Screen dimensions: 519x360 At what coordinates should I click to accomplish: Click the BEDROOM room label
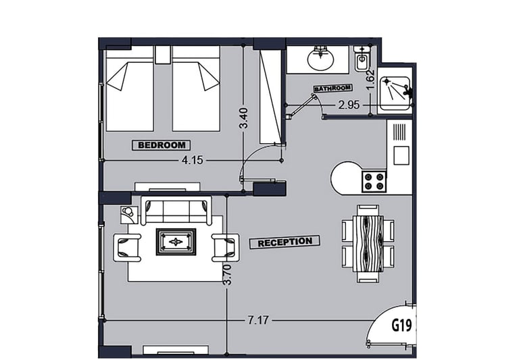pos(162,145)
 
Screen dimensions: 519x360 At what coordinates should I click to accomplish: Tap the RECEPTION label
pos(285,242)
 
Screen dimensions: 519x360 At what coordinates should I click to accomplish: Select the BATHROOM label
pos(332,88)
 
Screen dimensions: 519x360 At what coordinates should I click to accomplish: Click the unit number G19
pos(401,326)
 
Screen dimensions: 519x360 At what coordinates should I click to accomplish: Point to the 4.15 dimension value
pos(193,161)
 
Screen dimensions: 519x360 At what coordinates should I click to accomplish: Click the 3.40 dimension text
pos(243,118)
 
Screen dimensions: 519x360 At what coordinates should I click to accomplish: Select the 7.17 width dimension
pos(258,320)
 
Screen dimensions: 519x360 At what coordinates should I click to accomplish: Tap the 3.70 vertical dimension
pos(227,274)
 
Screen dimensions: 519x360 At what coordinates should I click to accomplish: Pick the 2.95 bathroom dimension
pos(349,105)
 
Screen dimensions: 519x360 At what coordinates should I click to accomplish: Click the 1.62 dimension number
pos(370,79)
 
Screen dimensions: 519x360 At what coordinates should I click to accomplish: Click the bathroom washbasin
pos(320,58)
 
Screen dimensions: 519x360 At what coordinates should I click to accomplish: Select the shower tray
pos(395,93)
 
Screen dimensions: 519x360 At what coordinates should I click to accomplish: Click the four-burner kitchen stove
pos(374,181)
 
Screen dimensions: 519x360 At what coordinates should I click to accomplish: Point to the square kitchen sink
pos(401,155)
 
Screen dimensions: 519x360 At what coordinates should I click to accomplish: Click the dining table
pos(368,244)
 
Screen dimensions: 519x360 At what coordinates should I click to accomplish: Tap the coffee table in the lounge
pos(176,242)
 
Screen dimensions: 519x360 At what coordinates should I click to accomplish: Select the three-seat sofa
pos(176,211)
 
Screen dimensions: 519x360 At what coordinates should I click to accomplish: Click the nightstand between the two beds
pos(162,55)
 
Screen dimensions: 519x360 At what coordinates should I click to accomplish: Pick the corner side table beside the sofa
pos(128,215)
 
